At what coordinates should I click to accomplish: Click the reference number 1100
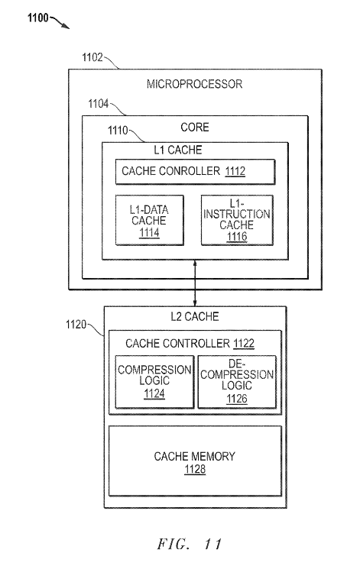38,18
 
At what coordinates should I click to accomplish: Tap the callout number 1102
92,57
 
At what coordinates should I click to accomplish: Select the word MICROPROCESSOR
194,84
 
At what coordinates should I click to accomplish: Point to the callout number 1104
98,104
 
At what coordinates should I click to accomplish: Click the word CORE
195,128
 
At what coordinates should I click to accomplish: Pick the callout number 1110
118,131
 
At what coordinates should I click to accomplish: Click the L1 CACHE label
178,150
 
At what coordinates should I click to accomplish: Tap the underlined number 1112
235,171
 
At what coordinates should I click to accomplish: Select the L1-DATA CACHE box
149,220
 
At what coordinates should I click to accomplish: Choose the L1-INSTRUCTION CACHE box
237,220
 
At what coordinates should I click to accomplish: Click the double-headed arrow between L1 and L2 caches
195,283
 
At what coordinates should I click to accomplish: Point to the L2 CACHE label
195,317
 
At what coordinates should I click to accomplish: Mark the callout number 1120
76,325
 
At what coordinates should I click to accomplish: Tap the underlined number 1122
244,344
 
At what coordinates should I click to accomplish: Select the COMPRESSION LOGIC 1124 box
154,382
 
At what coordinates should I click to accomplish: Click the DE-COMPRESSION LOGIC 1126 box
237,382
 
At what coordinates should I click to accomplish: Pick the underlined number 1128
195,470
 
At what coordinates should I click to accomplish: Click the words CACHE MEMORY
195,457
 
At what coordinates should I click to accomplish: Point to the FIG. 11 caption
189,544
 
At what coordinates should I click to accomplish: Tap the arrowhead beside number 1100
66,26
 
